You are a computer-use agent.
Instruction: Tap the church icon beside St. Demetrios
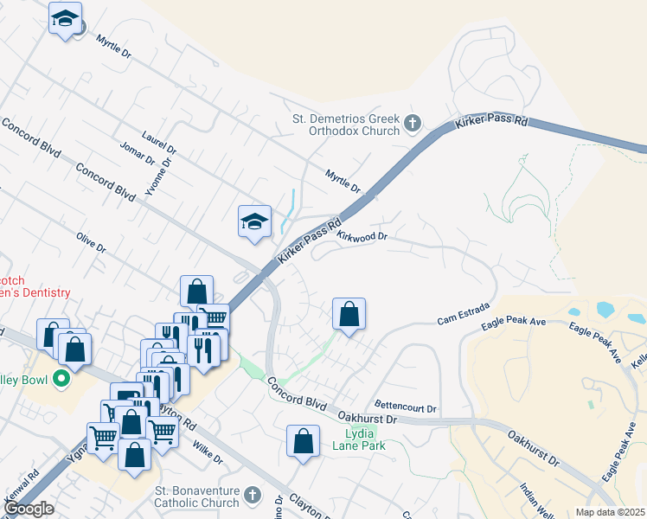point(412,124)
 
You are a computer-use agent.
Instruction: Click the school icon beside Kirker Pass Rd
point(255,221)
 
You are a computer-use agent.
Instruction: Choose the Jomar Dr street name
point(138,154)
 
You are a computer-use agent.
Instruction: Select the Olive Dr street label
point(90,242)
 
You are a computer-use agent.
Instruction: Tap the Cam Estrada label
point(464,315)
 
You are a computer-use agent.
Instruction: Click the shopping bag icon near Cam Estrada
point(349,314)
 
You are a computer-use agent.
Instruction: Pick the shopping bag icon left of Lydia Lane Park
point(304,441)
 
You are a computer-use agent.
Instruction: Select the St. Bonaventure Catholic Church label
point(196,497)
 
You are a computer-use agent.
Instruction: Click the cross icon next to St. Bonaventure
point(253,496)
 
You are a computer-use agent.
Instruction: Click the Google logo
point(29,509)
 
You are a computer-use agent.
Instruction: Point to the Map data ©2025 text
point(611,512)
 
